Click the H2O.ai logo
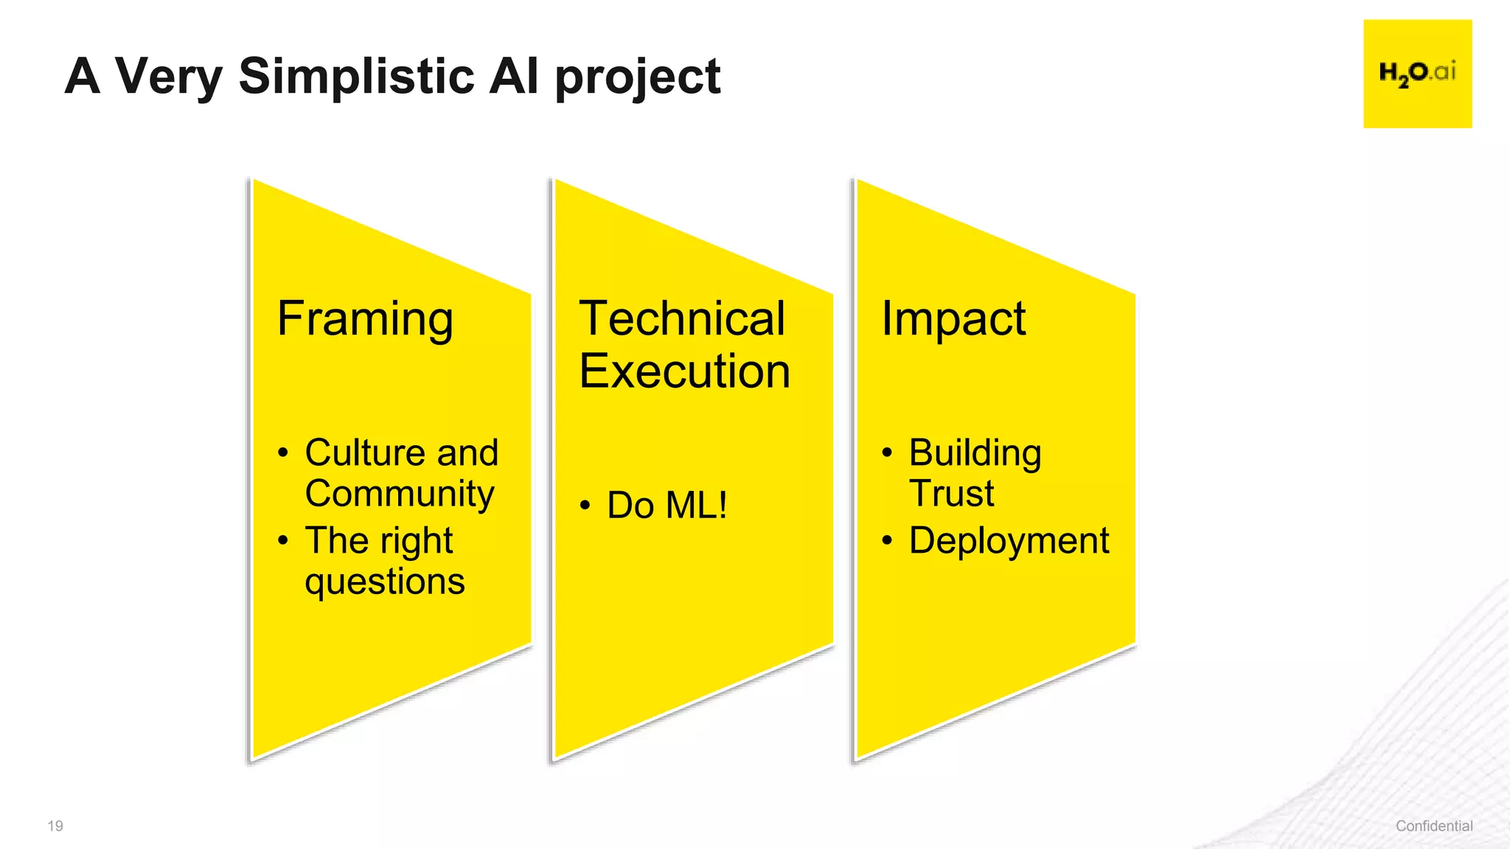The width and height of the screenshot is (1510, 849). pyautogui.click(x=1417, y=74)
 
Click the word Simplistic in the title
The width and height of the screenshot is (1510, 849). pyautogui.click(x=356, y=76)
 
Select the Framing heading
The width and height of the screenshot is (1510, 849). pyautogui.click(x=365, y=320)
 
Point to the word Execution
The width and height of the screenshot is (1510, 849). pyautogui.click(x=684, y=371)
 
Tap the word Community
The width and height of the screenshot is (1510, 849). pyautogui.click(x=399, y=494)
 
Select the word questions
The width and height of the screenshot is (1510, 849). pyautogui.click(x=384, y=581)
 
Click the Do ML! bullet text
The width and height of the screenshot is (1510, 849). pyautogui.click(x=667, y=506)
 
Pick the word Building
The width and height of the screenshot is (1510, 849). pyautogui.click(x=975, y=453)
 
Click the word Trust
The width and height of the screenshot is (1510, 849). pyautogui.click(x=951, y=493)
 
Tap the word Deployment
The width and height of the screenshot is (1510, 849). pyautogui.click(x=1008, y=541)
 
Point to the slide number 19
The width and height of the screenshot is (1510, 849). pyautogui.click(x=55, y=826)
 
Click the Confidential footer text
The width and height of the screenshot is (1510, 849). pyautogui.click(x=1433, y=826)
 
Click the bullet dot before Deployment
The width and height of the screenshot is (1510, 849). pyautogui.click(x=887, y=541)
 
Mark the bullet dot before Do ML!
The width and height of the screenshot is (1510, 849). pyautogui.click(x=585, y=506)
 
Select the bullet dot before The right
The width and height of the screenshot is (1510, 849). pyautogui.click(x=283, y=541)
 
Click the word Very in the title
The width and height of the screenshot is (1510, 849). pyautogui.click(x=168, y=77)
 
